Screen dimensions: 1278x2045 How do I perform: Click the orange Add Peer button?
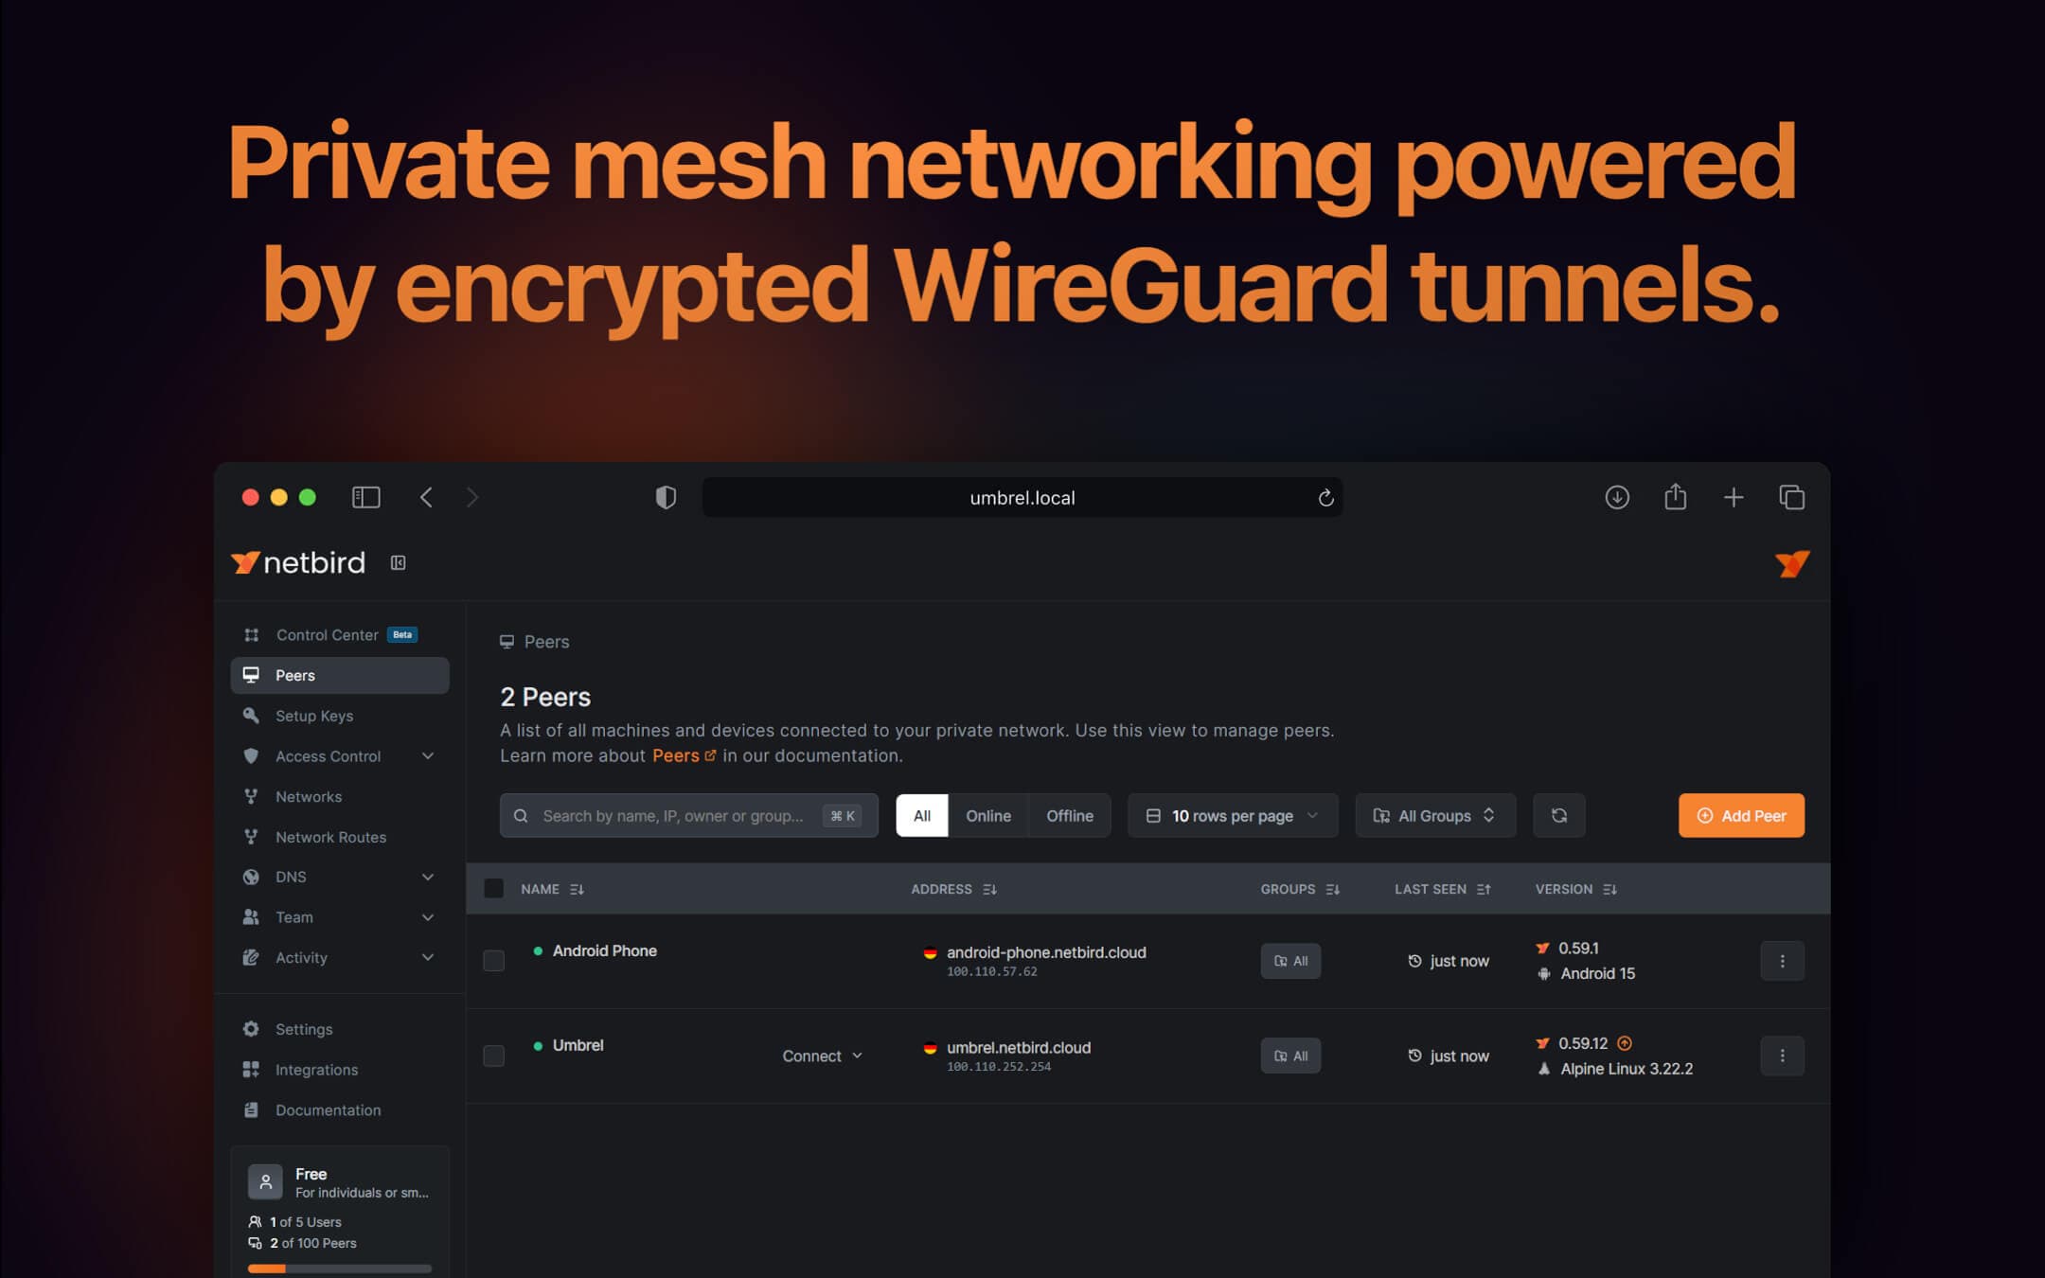click(x=1740, y=815)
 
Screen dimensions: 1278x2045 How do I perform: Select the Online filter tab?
click(x=987, y=815)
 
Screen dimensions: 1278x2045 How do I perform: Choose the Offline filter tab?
click(x=1069, y=815)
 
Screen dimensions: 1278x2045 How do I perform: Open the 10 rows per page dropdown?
click(x=1232, y=815)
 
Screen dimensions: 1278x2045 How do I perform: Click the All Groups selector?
click(x=1434, y=815)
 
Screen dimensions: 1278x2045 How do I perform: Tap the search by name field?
click(x=672, y=815)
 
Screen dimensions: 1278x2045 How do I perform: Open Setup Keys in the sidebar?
click(x=313, y=716)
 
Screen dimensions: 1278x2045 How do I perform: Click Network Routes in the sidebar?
click(x=330, y=837)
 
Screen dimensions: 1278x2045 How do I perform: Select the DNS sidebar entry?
click(x=291, y=877)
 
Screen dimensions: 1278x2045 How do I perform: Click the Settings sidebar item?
click(x=304, y=1029)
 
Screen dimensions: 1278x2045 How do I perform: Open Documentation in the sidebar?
click(x=328, y=1109)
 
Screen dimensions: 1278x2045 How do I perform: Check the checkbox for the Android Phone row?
click(x=493, y=961)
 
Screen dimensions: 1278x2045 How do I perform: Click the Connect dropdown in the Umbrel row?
click(x=822, y=1056)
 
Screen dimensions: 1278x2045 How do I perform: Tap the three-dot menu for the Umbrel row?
click(x=1782, y=1056)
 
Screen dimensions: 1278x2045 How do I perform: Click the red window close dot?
click(x=250, y=497)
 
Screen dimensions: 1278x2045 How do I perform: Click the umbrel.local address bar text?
click(x=1022, y=498)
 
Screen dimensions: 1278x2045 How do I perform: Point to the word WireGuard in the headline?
click(x=1140, y=285)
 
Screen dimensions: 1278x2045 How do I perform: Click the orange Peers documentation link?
click(x=676, y=755)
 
